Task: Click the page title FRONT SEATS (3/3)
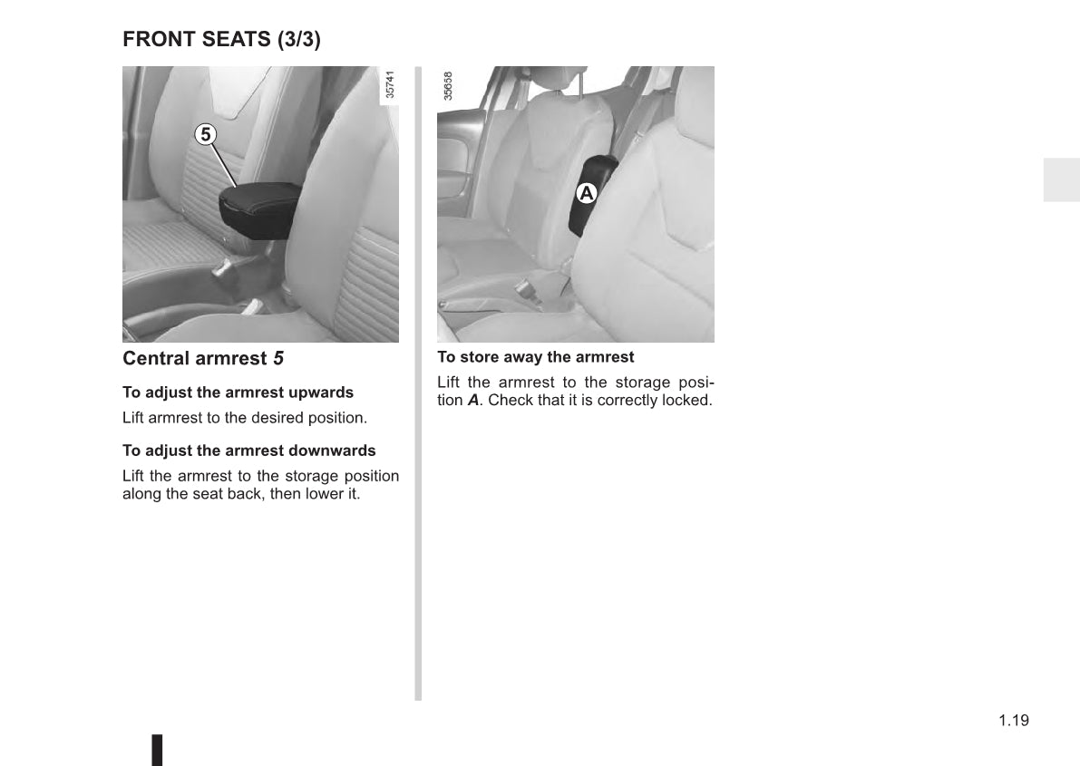pyautogui.click(x=221, y=39)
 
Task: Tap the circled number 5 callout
pyautogui.click(x=206, y=134)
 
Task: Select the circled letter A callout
pyautogui.click(x=587, y=193)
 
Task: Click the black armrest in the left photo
pyautogui.click(x=259, y=208)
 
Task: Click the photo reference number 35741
pyautogui.click(x=390, y=86)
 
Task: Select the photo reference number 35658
pyautogui.click(x=448, y=87)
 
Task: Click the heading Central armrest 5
pyautogui.click(x=203, y=358)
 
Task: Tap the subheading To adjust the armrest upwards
pyautogui.click(x=238, y=393)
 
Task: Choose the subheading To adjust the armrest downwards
pyautogui.click(x=248, y=451)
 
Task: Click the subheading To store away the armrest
pyautogui.click(x=535, y=357)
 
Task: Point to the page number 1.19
pyautogui.click(x=1014, y=721)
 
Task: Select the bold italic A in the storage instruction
pyautogui.click(x=472, y=400)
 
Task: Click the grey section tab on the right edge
pyautogui.click(x=1060, y=179)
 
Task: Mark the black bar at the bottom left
pyautogui.click(x=157, y=749)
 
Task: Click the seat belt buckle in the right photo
pyautogui.click(x=525, y=291)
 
